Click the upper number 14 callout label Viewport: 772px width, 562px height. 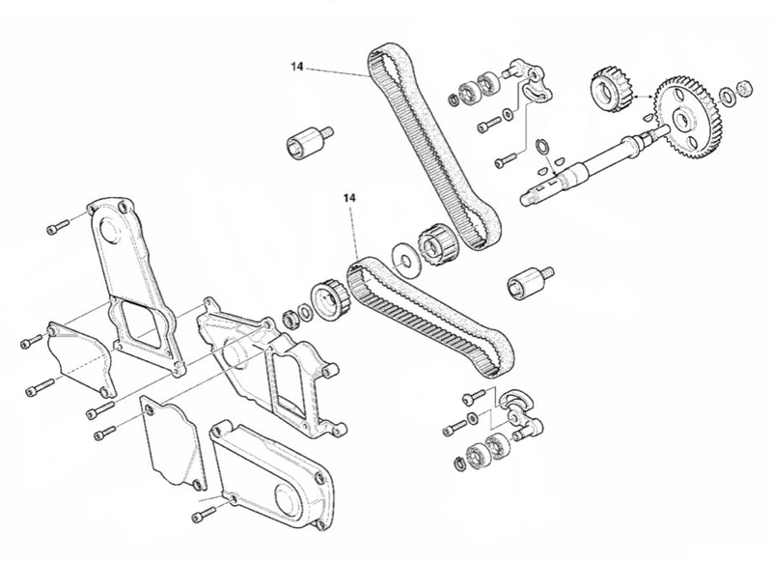[x=295, y=66]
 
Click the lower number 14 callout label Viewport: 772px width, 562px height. [x=348, y=199]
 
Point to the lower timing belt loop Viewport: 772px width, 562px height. [x=430, y=309]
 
